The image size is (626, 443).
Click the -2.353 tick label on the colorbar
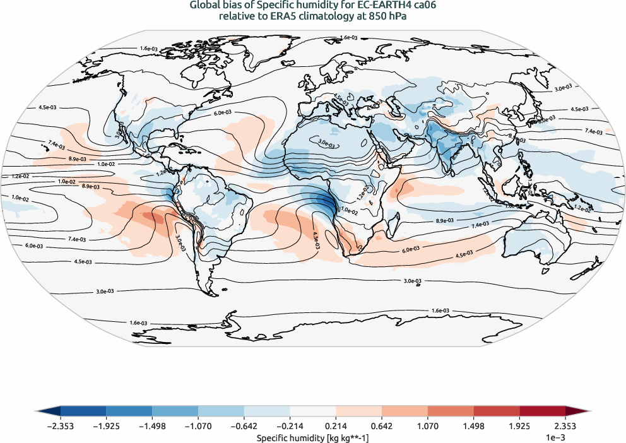pos(61,427)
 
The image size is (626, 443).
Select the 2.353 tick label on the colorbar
pos(565,427)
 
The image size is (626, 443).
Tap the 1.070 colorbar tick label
pos(428,427)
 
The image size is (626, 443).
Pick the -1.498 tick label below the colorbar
pos(152,427)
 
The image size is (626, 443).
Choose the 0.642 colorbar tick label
pos(382,427)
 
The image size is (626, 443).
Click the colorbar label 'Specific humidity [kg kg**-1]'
pos(312,437)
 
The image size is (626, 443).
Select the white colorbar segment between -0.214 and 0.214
pos(313,413)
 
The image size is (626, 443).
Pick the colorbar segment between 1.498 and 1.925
pos(497,413)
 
